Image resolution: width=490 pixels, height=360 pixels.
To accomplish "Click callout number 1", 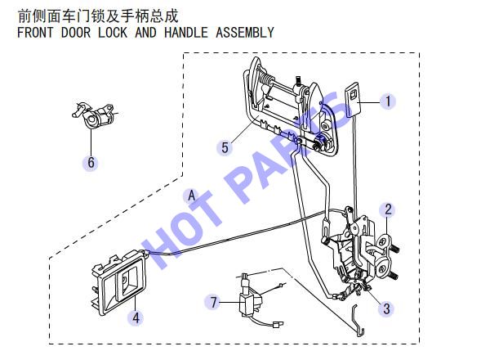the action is tap(388, 101).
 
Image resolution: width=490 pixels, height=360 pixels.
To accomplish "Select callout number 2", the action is tap(388, 209).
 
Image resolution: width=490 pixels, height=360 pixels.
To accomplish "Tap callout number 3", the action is tap(386, 308).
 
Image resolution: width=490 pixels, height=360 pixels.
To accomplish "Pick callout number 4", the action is tap(136, 318).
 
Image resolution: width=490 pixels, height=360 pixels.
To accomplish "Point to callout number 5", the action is tap(225, 147).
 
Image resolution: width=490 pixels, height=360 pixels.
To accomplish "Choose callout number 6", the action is tap(91, 163).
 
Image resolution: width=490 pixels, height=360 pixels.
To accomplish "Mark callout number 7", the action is tap(213, 303).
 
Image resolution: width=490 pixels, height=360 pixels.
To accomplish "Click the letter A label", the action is tap(192, 196).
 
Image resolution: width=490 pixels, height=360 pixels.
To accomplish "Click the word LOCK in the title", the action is tap(113, 33).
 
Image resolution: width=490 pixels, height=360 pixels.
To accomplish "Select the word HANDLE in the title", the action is tap(186, 33).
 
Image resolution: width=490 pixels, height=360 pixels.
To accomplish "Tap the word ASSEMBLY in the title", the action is tap(245, 33).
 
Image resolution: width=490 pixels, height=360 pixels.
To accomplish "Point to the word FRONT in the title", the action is tap(35, 33).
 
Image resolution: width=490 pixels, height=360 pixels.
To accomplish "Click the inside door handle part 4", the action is tap(119, 283).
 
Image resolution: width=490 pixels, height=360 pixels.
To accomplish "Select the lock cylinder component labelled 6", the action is tap(94, 115).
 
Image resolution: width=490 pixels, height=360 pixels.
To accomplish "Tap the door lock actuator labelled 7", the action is tap(251, 302).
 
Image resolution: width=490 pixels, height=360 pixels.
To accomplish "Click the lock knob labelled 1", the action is tap(353, 99).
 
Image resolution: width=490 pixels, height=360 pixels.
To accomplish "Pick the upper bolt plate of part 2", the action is tap(384, 242).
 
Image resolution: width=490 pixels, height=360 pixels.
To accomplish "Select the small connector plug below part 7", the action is tap(277, 325).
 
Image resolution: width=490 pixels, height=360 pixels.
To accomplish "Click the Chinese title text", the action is tap(98, 16).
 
